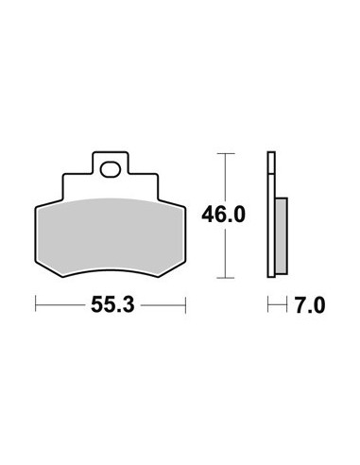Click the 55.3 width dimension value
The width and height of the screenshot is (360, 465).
point(112,305)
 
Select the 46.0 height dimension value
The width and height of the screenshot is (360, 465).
point(223,215)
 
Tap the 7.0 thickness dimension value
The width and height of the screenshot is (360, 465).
point(310,305)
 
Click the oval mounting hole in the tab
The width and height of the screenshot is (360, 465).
point(111,169)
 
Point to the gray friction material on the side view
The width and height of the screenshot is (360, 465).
point(282,235)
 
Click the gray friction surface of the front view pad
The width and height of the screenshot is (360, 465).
point(111,236)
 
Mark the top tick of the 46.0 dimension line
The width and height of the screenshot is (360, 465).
point(226,153)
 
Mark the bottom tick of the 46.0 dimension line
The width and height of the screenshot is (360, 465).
point(226,278)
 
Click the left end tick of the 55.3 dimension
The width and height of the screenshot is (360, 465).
point(36,304)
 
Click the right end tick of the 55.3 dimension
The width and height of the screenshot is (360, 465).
point(185,304)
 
